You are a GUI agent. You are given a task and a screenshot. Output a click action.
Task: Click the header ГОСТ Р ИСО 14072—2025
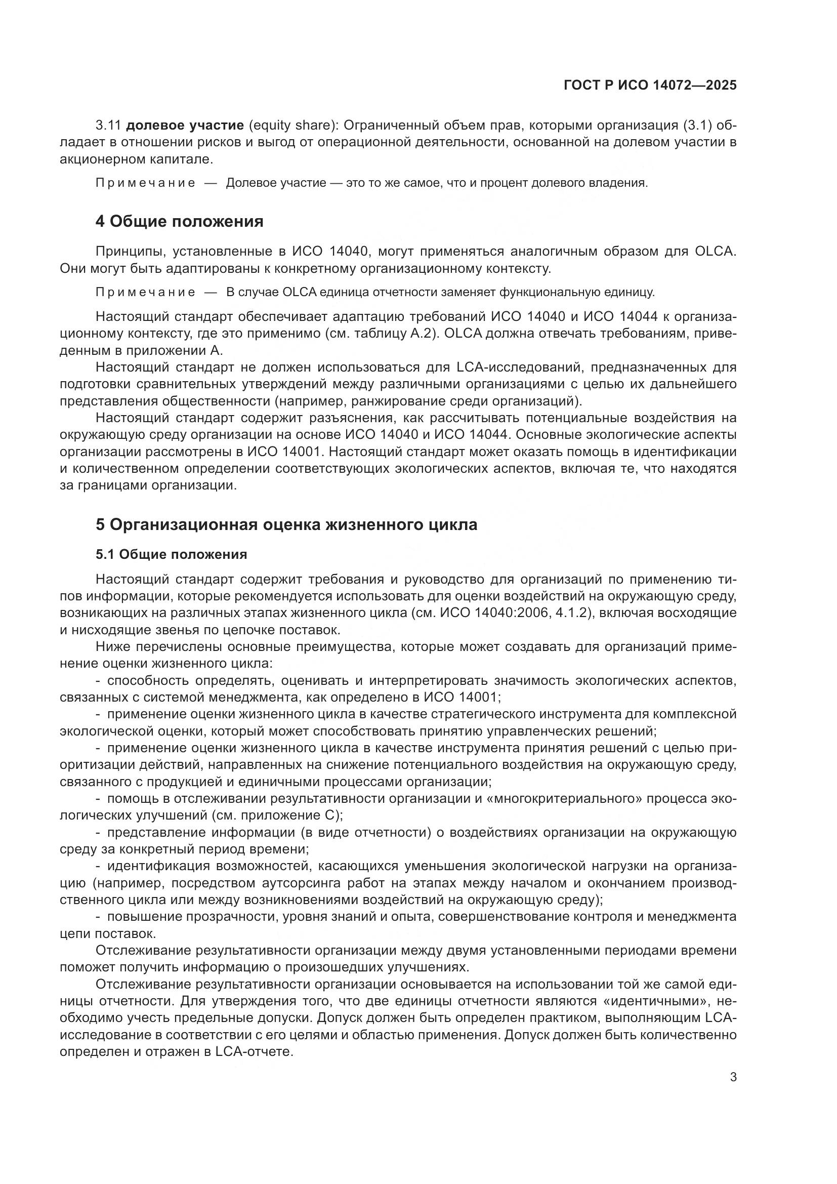pos(650,86)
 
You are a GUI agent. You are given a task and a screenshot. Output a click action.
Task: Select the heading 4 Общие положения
pos(179,222)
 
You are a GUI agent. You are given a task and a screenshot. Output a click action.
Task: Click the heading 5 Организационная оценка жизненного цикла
pos(286,525)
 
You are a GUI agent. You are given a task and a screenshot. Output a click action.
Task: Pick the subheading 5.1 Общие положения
pos(171,554)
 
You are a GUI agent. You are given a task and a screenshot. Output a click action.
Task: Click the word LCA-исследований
pos(518,368)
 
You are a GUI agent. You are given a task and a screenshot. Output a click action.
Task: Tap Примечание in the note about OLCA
pos(145,293)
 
